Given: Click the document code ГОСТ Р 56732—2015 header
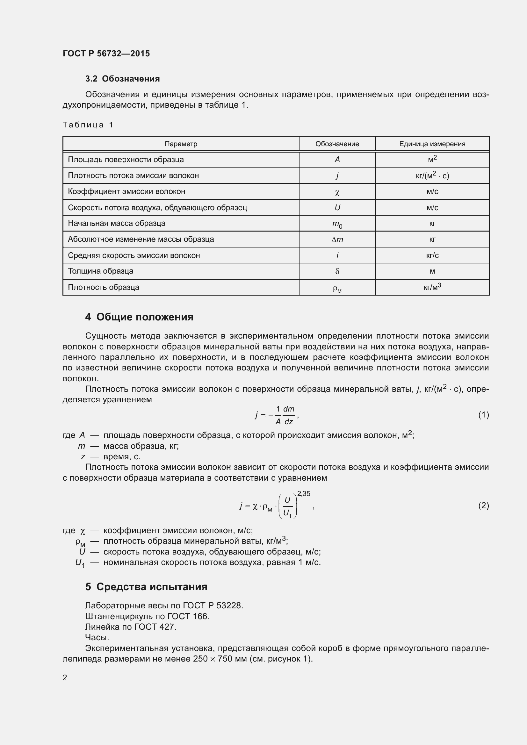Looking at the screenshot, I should point(106,54).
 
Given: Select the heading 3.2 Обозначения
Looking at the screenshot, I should point(122,79).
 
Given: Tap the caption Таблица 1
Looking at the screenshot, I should point(88,125).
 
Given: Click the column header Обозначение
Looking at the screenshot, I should point(337,144).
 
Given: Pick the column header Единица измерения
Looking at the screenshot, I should point(432,144).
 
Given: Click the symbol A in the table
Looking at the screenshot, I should point(337,160).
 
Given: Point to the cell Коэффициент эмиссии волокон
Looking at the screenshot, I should point(126,191).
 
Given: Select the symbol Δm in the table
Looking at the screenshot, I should point(337,240).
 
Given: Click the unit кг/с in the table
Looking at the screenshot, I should point(432,256).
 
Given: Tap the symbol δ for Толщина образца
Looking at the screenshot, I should point(337,271).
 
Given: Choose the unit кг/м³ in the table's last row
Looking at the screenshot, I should point(432,287).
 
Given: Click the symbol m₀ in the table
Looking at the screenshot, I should point(337,224).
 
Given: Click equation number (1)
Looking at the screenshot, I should point(483,415).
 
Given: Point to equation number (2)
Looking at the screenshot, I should point(483,505).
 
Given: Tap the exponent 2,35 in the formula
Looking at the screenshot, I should point(303,493).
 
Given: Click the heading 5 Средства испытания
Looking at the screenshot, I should point(146,587).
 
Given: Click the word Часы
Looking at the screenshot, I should point(97,638).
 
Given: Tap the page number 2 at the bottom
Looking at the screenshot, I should point(65,677).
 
